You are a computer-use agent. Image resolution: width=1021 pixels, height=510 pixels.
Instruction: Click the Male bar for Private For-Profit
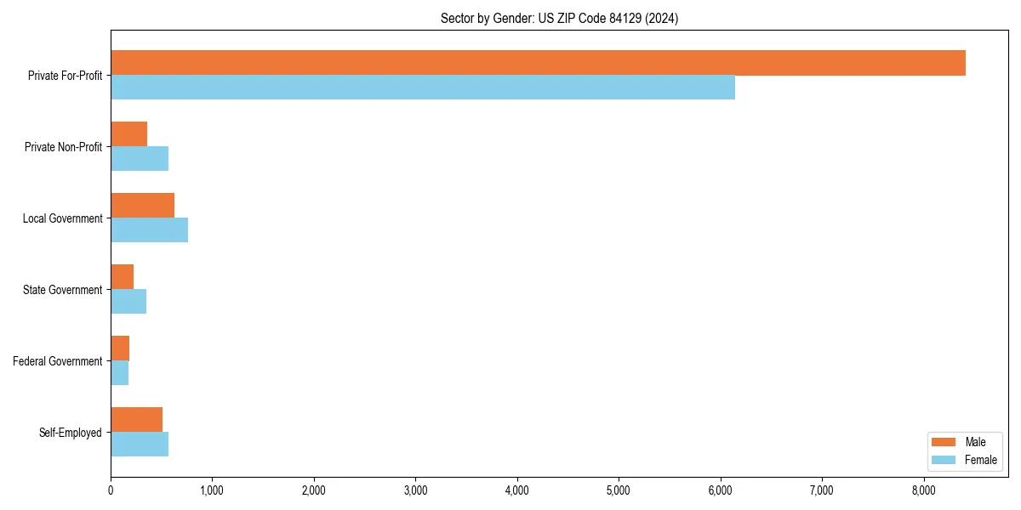538,63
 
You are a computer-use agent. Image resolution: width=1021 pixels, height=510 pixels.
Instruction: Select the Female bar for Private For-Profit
423,88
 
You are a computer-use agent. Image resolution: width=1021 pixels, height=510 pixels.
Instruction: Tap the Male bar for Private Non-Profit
129,134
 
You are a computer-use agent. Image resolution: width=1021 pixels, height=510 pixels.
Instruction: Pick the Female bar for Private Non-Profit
140,159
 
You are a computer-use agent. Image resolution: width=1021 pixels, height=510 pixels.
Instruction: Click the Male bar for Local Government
143,206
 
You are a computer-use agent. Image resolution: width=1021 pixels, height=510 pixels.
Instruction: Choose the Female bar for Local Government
150,230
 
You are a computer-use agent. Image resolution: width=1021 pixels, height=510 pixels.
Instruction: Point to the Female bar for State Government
128,302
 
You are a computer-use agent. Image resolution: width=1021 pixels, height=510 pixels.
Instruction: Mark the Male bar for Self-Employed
137,420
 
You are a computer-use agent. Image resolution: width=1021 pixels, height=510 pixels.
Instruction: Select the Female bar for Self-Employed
140,445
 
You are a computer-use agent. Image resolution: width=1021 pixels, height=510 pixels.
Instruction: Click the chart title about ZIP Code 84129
559,18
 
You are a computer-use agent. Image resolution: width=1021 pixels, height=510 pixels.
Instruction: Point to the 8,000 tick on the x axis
923,490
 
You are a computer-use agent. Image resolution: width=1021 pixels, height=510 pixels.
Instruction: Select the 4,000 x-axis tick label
517,490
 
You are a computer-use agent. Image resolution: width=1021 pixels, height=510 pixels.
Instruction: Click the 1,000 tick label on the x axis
212,490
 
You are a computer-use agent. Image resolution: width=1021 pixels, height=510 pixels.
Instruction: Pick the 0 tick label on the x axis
111,490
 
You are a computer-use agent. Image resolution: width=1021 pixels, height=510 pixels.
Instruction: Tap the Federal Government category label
58,361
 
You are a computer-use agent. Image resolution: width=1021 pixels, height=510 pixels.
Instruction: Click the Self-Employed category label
71,433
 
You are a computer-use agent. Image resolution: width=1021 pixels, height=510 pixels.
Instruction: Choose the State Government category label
63,290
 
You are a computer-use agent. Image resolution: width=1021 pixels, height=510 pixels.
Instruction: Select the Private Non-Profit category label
63,147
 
